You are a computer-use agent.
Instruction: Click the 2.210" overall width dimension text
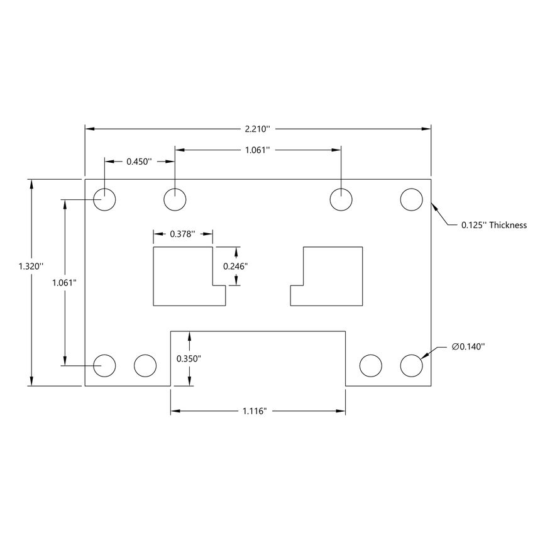tap(258, 129)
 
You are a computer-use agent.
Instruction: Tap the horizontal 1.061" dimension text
tap(257, 150)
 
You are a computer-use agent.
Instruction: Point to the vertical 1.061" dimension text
tap(64, 282)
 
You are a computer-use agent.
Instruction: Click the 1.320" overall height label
tap(31, 266)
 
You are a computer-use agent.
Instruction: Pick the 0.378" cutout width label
tap(183, 234)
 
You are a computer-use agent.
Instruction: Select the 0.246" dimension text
tap(236, 266)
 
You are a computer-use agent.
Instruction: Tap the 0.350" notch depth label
tap(189, 358)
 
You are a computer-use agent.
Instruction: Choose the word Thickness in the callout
tap(508, 224)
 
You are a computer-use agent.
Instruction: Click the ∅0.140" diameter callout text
tap(468, 346)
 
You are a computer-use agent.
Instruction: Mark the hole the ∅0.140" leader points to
tap(411, 365)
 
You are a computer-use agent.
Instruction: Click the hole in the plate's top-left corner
tap(105, 200)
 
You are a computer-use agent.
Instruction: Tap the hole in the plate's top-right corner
tap(411, 200)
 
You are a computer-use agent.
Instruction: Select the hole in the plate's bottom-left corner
tap(105, 365)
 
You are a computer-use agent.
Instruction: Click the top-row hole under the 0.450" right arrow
tap(175, 200)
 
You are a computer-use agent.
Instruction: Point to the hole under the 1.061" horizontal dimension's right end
tap(341, 200)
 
